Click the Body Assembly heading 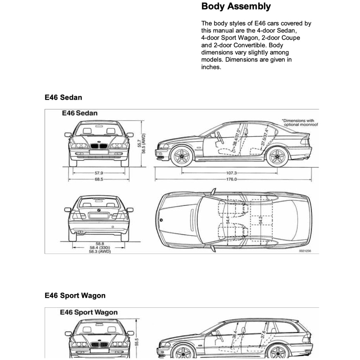point(236,7)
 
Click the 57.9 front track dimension point(99,173)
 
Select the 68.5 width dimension point(99,179)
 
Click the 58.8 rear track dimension point(99,244)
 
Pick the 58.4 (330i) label point(99,248)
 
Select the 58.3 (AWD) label point(99,252)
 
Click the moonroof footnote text point(299,122)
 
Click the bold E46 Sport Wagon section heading point(75,296)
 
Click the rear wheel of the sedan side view point(277,156)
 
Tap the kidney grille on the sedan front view point(99,146)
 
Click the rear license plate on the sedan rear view point(99,216)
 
